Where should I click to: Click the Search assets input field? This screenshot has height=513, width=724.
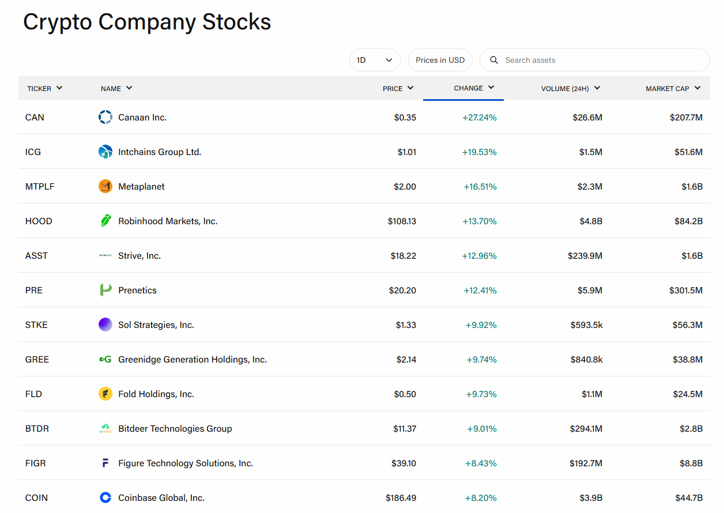click(x=595, y=60)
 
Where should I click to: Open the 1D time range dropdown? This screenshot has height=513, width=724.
click(x=375, y=60)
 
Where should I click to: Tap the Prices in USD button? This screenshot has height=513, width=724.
click(x=440, y=60)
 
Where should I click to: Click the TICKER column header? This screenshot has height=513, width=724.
click(x=44, y=88)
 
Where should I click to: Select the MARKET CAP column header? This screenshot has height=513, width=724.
click(x=673, y=88)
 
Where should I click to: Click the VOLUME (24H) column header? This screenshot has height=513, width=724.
click(x=571, y=88)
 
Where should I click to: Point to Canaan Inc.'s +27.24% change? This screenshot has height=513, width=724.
click(x=480, y=118)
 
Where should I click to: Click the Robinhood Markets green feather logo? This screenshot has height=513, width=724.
click(x=105, y=221)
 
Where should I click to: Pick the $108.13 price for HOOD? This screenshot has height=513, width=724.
click(x=402, y=221)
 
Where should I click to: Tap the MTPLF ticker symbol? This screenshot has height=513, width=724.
click(x=40, y=187)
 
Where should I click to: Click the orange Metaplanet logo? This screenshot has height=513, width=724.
click(x=105, y=186)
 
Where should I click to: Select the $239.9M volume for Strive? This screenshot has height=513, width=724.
click(x=585, y=256)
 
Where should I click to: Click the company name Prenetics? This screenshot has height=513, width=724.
click(x=137, y=291)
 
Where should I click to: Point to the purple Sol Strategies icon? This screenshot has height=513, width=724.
click(x=105, y=325)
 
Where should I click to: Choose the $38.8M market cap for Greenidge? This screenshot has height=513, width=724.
click(x=688, y=360)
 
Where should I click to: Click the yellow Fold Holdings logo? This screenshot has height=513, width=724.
click(x=105, y=394)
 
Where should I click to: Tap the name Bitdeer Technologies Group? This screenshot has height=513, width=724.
click(x=175, y=429)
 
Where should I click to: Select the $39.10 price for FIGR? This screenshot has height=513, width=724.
click(x=404, y=463)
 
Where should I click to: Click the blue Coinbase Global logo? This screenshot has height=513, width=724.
click(x=105, y=497)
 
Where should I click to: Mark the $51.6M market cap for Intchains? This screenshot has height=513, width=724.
click(x=688, y=152)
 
